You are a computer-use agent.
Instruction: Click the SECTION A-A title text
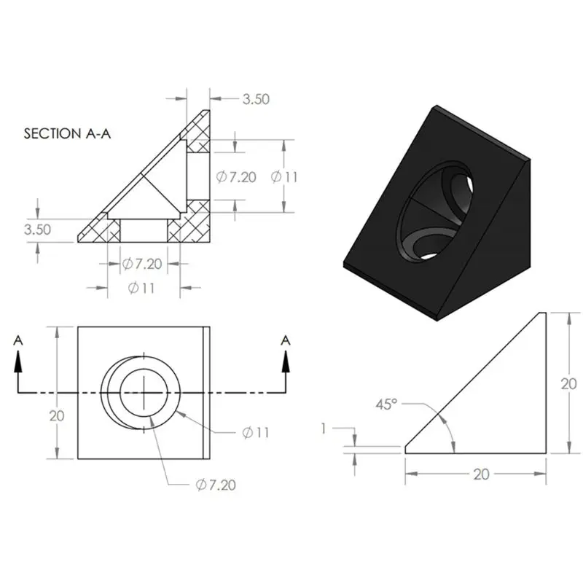coord(67,133)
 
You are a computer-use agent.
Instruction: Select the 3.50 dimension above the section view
coord(256,99)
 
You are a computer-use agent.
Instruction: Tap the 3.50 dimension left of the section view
coord(37,230)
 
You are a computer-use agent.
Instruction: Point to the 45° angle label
coord(386,404)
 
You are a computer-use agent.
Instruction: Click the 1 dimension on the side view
coord(324,429)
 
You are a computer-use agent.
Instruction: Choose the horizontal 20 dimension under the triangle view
coord(481,474)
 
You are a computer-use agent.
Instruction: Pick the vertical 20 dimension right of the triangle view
coord(568,384)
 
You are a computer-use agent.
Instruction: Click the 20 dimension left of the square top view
coord(57,415)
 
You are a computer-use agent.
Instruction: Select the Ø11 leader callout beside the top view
coord(256,432)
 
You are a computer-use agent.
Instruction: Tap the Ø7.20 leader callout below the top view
coord(216,485)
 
